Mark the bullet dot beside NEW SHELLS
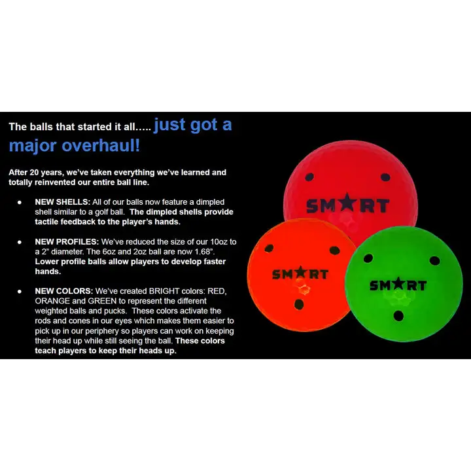click(20, 203)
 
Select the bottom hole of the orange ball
click(300, 304)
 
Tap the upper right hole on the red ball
click(385, 177)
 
